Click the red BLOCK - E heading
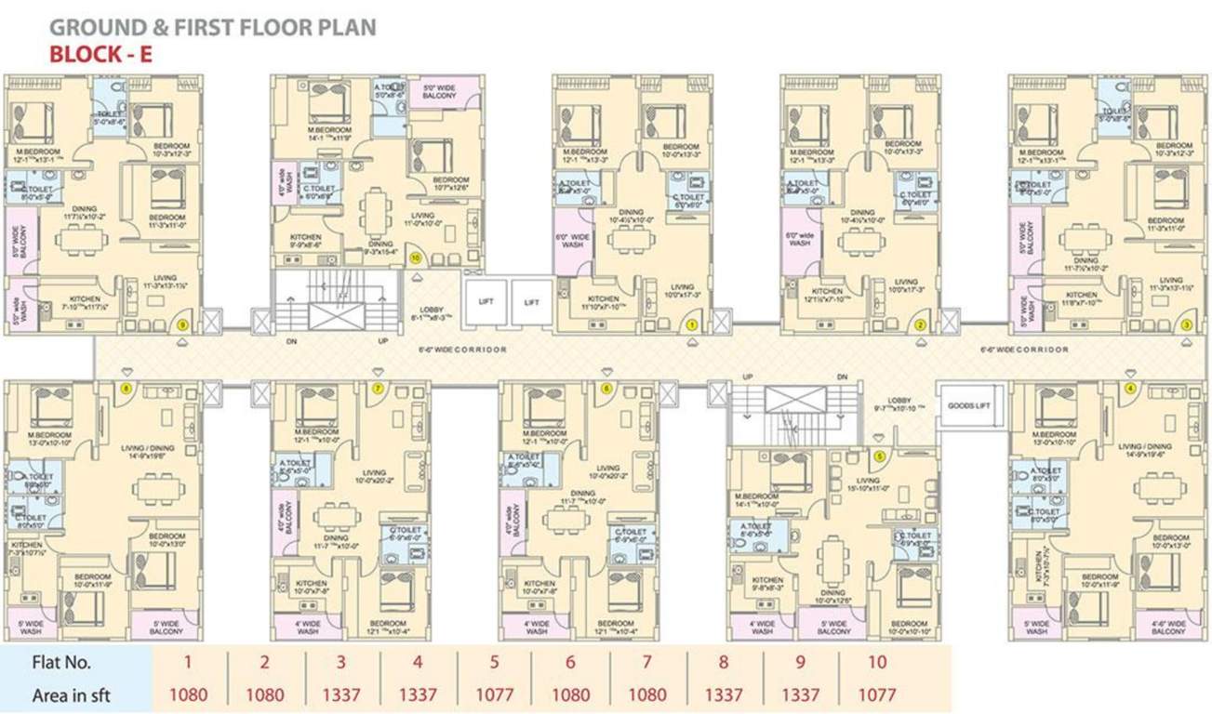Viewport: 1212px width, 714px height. pos(100,54)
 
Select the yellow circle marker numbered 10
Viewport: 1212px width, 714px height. pos(415,257)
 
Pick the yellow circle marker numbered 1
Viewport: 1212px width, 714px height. pos(692,324)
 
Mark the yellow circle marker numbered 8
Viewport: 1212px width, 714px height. pos(127,388)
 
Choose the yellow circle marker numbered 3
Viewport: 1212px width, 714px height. pos(1185,324)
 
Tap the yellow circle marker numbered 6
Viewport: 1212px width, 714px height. pos(606,388)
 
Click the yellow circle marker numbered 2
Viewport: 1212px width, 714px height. pos(920,324)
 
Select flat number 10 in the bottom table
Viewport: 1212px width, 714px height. pos(876,664)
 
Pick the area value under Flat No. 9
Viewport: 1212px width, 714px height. pos(800,694)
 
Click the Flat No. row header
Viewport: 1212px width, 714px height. pos(61,664)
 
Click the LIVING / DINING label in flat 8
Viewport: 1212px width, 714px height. pos(148,451)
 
